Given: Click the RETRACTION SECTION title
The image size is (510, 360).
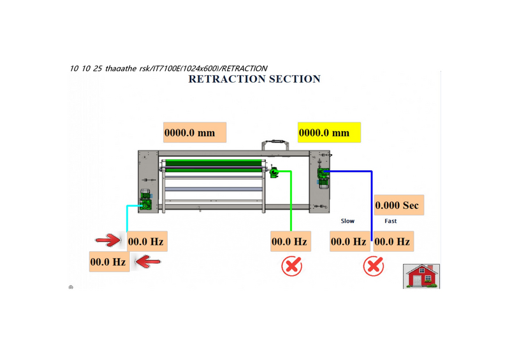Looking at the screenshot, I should pos(254,79).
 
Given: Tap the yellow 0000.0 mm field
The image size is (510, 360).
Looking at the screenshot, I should pos(329,133).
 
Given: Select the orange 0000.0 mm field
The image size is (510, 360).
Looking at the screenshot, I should pos(194,133).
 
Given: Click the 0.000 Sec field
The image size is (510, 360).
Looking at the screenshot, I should pos(398,205).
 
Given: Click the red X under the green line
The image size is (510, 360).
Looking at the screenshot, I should pos(292,266).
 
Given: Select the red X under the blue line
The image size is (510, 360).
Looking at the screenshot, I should pos(373,266).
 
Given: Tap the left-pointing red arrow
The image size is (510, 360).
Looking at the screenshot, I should pos(148,261).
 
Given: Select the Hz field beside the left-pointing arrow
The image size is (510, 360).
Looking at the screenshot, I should pos(109,261).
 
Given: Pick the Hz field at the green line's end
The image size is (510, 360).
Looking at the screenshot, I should pos(290,241).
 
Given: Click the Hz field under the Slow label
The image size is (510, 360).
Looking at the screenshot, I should pos(348,241).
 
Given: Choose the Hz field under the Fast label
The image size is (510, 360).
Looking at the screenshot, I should pos(392,241).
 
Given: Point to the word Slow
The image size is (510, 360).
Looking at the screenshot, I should pos(347,221).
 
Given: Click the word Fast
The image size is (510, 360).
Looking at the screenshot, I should pos(390,221).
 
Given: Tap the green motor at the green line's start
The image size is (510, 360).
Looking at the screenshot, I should pos(274,172).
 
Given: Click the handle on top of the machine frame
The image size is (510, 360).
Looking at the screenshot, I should pos(275,143).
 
